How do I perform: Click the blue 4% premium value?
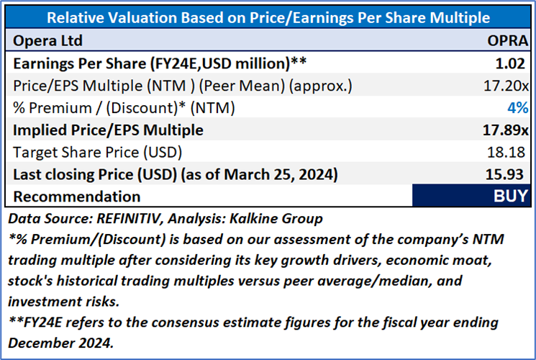[x=518, y=108]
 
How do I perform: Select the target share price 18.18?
[x=512, y=153]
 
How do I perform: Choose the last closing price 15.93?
[x=512, y=175]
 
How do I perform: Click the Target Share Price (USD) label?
[x=98, y=153]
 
